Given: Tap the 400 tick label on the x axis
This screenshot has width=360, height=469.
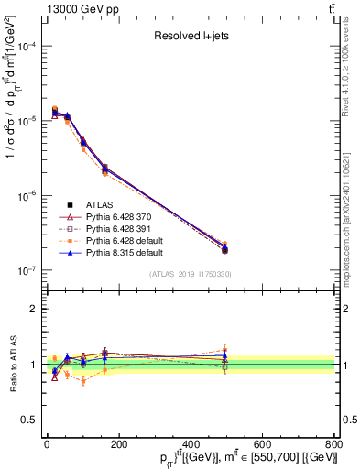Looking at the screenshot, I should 190,444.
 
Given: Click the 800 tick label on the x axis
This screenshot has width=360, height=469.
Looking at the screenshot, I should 333,444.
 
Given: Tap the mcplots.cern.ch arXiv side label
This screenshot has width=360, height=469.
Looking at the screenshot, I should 351,202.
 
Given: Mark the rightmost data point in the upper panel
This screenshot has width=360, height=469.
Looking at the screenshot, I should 225,250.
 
